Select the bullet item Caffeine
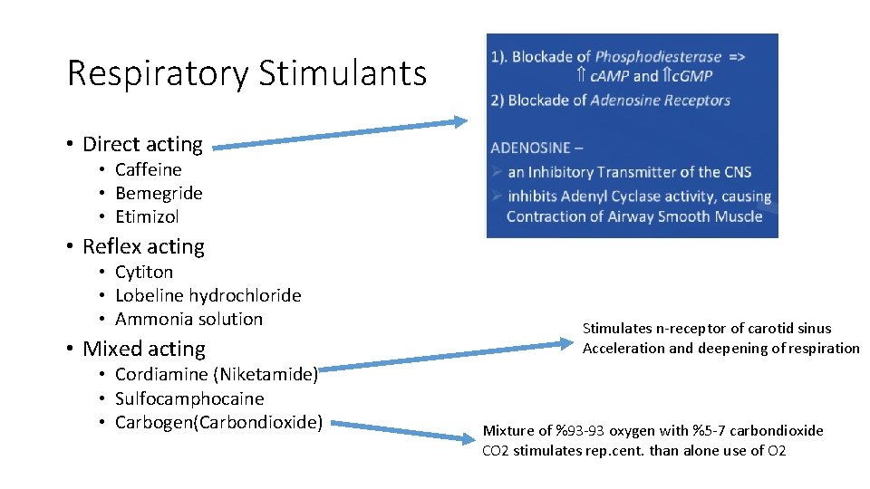coord(148,169)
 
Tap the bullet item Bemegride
coord(159,193)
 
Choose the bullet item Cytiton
coord(143,272)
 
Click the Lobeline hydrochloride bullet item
coord(208,295)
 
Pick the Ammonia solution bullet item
coord(188,319)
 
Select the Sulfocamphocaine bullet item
coord(189,398)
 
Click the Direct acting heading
coord(142,144)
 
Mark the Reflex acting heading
coord(143,246)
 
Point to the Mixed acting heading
coord(143,349)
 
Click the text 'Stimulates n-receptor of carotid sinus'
coord(707,329)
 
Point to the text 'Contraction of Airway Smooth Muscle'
coord(634,216)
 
